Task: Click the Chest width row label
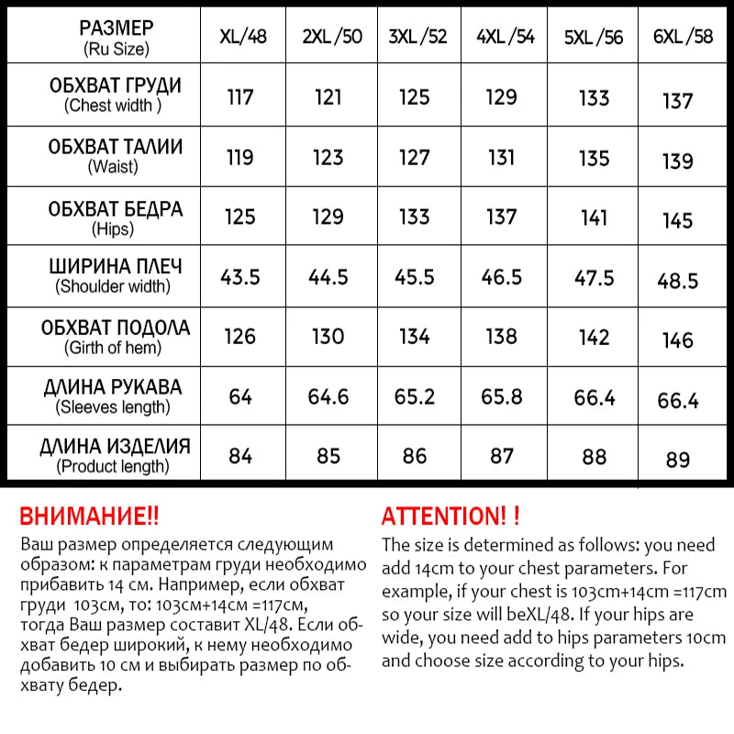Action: pyautogui.click(x=115, y=95)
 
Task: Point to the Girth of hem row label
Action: pyautogui.click(x=115, y=337)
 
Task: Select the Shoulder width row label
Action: pyautogui.click(x=115, y=275)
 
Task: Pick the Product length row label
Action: pyautogui.click(x=115, y=456)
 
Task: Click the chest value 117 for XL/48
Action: pyautogui.click(x=240, y=96)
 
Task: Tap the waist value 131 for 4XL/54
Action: pyautogui.click(x=502, y=158)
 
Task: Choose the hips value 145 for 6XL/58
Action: pyautogui.click(x=677, y=221)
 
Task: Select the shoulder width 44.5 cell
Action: pyautogui.click(x=328, y=277)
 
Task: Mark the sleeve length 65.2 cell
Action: pyautogui.click(x=414, y=397)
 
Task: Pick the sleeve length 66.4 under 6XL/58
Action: pyautogui.click(x=677, y=400)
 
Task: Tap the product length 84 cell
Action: pyautogui.click(x=240, y=455)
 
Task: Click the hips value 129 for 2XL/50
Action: pyautogui.click(x=328, y=217)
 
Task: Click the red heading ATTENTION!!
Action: pyautogui.click(x=451, y=516)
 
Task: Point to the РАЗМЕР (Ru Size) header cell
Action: pyautogui.click(x=115, y=37)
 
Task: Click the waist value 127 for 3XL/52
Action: pyautogui.click(x=414, y=158)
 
